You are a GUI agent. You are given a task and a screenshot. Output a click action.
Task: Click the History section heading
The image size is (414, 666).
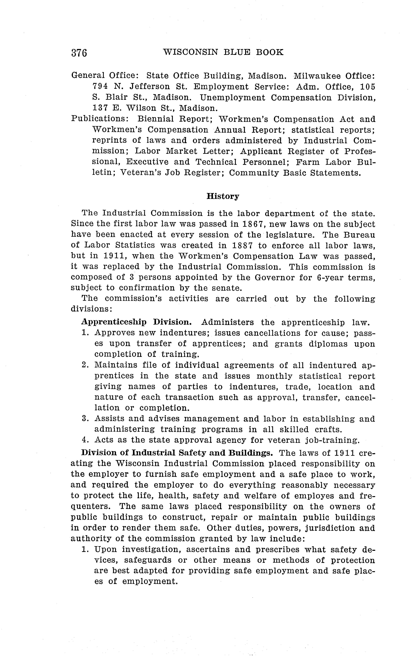tap(223, 196)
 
